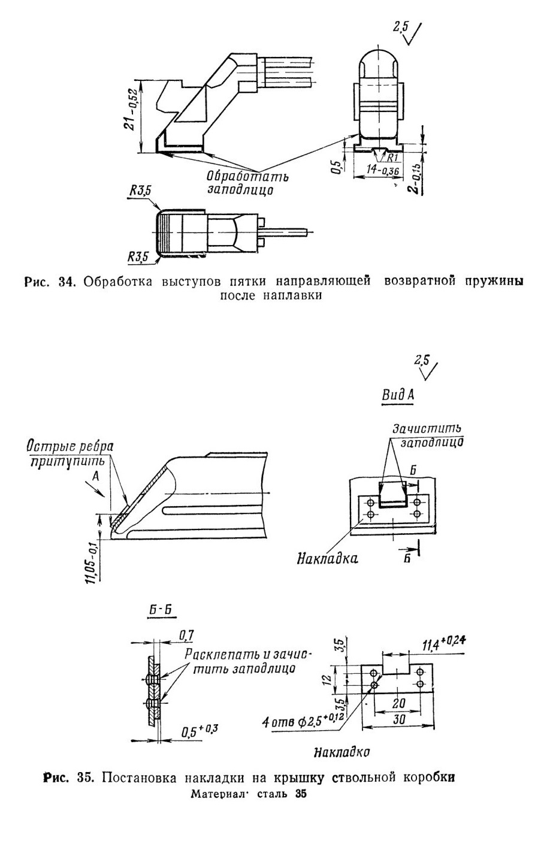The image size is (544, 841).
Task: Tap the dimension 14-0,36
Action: (383, 170)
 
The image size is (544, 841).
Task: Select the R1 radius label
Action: (392, 156)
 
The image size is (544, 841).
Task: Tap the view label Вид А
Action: (398, 395)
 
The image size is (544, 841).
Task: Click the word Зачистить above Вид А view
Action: (427, 429)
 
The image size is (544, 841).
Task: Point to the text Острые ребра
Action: (70, 446)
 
